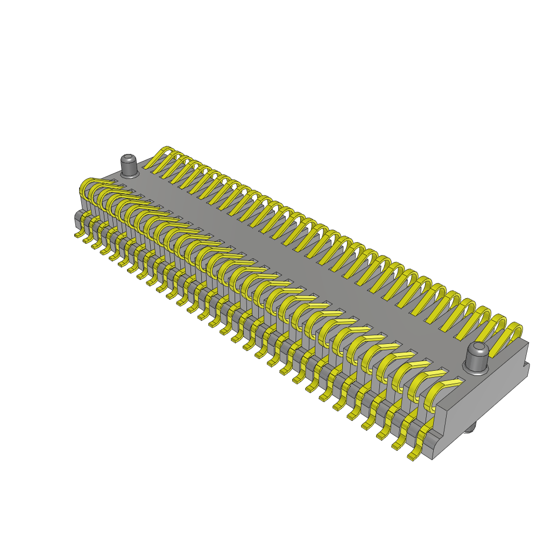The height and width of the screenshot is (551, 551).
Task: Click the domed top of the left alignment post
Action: tap(128, 159)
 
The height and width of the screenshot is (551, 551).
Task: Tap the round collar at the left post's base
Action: tap(129, 174)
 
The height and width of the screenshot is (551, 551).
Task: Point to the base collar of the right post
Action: tap(476, 370)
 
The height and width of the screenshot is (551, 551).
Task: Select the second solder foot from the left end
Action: tap(87, 239)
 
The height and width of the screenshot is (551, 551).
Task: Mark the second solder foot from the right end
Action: tap(399, 445)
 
